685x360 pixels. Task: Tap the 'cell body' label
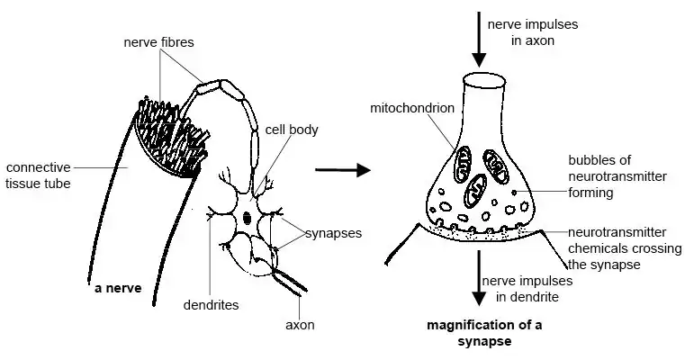[291, 129]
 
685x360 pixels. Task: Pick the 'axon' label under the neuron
[300, 325]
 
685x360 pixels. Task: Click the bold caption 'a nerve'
[118, 290]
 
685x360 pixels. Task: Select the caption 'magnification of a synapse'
[491, 333]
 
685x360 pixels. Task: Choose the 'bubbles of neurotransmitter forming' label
[617, 176]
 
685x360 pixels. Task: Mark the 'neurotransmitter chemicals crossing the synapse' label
[617, 247]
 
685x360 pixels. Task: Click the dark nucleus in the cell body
[248, 217]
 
